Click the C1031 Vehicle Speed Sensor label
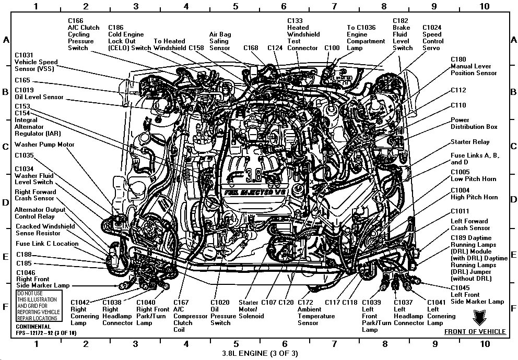click(36, 62)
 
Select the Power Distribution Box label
click(474, 123)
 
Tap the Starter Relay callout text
click(470, 142)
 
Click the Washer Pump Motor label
click(44, 145)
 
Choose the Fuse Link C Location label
click(47, 244)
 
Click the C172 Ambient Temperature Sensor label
click(315, 312)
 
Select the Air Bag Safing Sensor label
click(219, 41)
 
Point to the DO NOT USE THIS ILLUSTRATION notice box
click(38, 306)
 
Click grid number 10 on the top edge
click(485, 6)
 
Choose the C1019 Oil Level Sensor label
click(39, 93)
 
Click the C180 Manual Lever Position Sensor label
click(474, 66)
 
